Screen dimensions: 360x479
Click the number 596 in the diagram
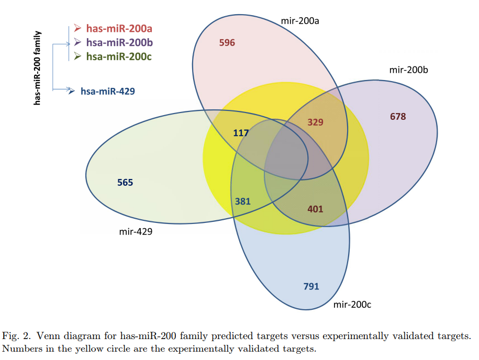[227, 43]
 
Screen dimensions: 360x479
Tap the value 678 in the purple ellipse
[398, 116]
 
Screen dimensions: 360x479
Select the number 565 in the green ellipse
[125, 183]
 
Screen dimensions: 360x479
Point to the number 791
[311, 286]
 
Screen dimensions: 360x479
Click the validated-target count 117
[241, 133]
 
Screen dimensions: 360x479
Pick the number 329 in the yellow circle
[315, 122]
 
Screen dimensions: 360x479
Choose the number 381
[242, 201]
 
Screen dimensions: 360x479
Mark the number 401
[315, 209]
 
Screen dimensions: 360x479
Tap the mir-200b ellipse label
[409, 70]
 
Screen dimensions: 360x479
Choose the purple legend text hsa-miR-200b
[119, 42]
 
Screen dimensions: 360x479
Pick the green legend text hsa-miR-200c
[119, 56]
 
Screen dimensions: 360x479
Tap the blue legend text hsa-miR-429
[108, 91]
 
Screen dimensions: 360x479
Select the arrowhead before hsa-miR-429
[72, 91]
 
